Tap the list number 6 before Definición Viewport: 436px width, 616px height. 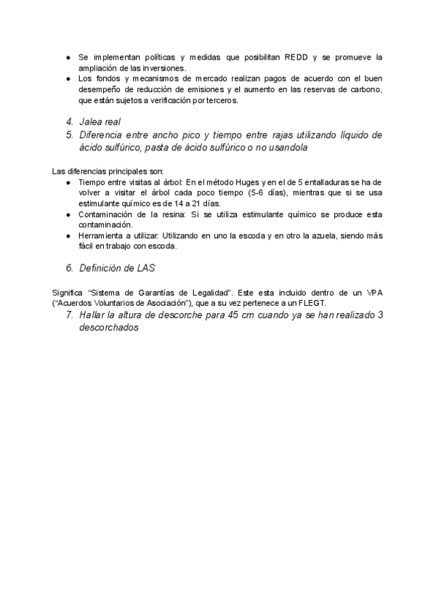pos(69,268)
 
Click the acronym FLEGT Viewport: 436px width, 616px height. pos(307,303)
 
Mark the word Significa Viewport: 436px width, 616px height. pos(70,292)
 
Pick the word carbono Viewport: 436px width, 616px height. pos(366,89)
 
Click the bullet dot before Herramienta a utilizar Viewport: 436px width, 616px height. pos(68,236)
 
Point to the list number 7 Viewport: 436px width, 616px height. pos(69,315)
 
